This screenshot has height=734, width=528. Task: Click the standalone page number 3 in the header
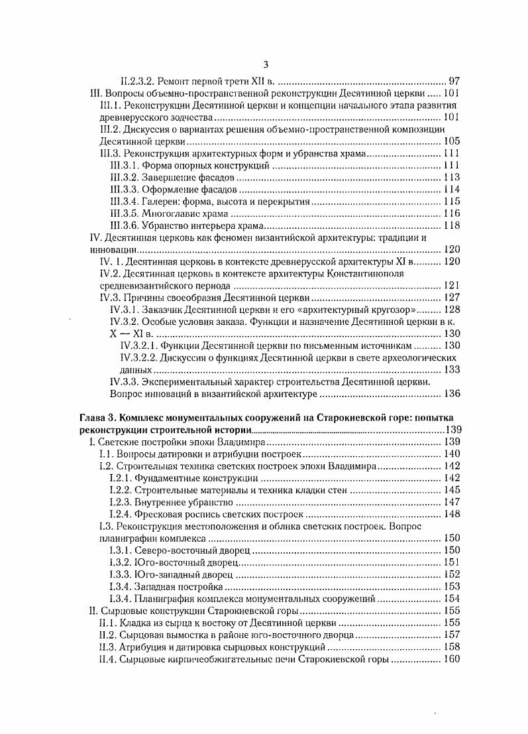pos(265,64)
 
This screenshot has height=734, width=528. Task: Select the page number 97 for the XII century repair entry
pos(454,81)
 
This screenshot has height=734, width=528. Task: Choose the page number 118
pos(451,225)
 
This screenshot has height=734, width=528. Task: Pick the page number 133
pos(451,369)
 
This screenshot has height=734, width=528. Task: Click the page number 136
pos(451,394)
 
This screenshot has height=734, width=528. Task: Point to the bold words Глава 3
pos(97,418)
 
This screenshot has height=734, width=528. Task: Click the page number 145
pos(451,490)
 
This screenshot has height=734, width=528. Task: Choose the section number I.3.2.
pos(119,562)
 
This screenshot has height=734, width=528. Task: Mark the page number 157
pos(451,635)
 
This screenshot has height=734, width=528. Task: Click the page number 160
pos(451,659)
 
